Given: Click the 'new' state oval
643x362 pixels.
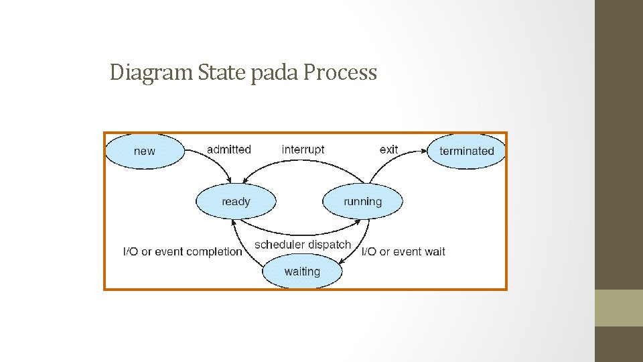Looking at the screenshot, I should [145, 151].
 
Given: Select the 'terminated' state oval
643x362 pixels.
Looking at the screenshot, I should [466, 151].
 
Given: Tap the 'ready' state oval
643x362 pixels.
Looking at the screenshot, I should [236, 201].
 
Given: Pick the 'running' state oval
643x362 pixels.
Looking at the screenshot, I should [362, 201].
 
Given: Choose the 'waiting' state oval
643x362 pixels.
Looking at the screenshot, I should [302, 271].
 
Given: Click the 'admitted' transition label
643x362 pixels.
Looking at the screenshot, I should [229, 149].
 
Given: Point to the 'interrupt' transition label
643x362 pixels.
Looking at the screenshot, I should [303, 149].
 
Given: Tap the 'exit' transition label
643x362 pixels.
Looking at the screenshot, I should [388, 149].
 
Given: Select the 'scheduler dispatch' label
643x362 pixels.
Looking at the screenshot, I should [303, 245].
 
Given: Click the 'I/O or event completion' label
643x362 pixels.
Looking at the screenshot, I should [183, 251].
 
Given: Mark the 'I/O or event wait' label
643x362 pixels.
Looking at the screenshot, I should [403, 251].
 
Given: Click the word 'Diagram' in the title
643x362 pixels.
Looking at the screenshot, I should [152, 72].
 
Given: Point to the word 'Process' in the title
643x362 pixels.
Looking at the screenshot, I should [340, 72].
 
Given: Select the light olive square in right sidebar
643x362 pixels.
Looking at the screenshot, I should [618, 308].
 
